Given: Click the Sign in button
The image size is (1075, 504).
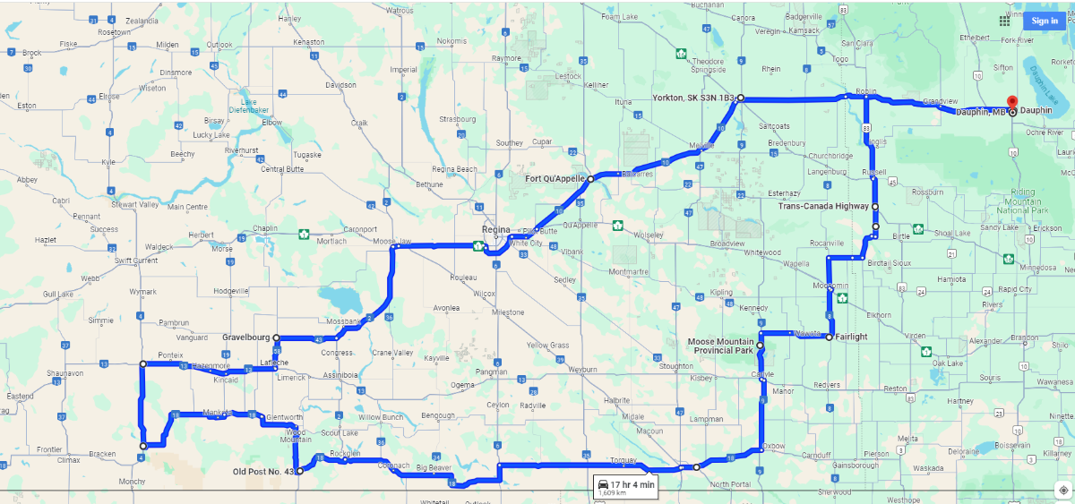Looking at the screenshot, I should (x=1044, y=21).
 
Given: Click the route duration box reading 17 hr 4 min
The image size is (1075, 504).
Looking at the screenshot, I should (x=626, y=487).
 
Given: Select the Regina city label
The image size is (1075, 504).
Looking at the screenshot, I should (x=495, y=230).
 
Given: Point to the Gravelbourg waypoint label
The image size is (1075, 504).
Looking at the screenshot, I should (x=245, y=337).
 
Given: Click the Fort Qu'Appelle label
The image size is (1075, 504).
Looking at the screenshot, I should (x=555, y=179).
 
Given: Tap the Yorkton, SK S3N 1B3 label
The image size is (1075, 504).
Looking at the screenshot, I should (x=693, y=97).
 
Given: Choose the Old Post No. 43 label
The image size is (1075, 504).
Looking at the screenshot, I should (x=263, y=471).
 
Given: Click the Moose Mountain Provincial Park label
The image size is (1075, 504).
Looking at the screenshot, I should (x=721, y=346).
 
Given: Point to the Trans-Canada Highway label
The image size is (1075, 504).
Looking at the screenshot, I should (x=822, y=206).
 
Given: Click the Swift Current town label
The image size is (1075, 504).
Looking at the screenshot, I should (x=136, y=261).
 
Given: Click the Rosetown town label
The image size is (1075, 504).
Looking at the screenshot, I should (x=115, y=32).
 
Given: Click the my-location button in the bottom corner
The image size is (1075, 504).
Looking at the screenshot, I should (x=1062, y=490).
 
